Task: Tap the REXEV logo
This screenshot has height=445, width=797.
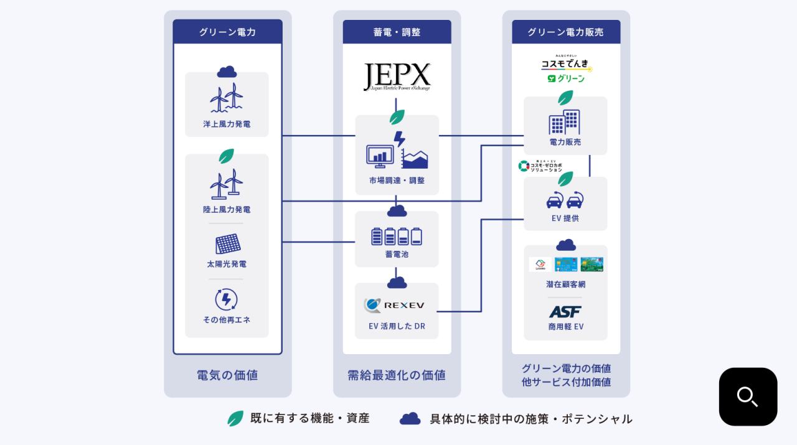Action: pyautogui.click(x=395, y=305)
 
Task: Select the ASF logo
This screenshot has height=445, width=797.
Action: pyautogui.click(x=565, y=311)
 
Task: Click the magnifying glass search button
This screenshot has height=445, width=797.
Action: pyautogui.click(x=748, y=396)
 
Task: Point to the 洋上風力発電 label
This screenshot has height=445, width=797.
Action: pyautogui.click(x=227, y=124)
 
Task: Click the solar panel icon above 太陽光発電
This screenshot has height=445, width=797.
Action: pyautogui.click(x=227, y=244)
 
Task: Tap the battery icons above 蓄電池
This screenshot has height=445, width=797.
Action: pyautogui.click(x=397, y=237)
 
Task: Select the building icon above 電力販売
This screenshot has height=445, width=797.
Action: pyautogui.click(x=564, y=122)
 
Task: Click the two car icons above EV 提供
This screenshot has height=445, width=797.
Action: pyautogui.click(x=565, y=200)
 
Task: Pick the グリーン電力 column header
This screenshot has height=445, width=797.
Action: pyautogui.click(x=227, y=32)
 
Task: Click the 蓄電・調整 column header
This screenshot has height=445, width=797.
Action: pyautogui.click(x=397, y=32)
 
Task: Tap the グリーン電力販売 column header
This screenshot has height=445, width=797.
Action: pyautogui.click(x=565, y=32)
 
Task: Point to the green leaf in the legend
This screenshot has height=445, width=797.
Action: pyautogui.click(x=235, y=418)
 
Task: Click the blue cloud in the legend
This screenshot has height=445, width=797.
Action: pyautogui.click(x=410, y=419)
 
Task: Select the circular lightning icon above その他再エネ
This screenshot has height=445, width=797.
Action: pyautogui.click(x=226, y=299)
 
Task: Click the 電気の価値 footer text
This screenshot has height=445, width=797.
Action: pyautogui.click(x=227, y=375)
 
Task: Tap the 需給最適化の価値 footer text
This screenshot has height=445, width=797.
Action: pyautogui.click(x=397, y=375)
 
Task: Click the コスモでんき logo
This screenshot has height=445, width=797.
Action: pyautogui.click(x=565, y=64)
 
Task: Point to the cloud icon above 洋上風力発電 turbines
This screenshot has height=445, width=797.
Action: pyautogui.click(x=227, y=72)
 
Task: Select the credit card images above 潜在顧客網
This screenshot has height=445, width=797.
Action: pyautogui.click(x=565, y=265)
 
